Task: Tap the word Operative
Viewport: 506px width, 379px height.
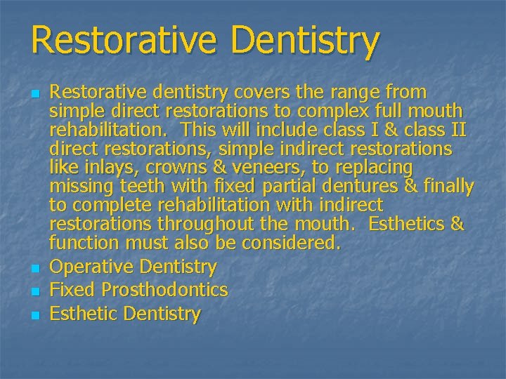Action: [92, 267]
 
